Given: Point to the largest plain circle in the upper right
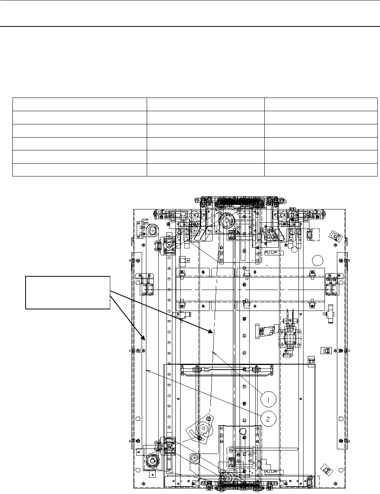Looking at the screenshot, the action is click(x=318, y=259).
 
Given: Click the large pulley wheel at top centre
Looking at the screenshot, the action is click(x=227, y=222).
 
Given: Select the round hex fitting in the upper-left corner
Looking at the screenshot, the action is click(x=152, y=230).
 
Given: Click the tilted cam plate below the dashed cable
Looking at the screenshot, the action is click(x=201, y=429).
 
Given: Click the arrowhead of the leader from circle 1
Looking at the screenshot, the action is click(x=214, y=351).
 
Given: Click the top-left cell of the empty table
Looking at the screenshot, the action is click(x=80, y=105).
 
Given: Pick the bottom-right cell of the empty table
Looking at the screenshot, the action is click(x=321, y=170).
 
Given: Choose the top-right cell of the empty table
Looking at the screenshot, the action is click(x=321, y=105).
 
